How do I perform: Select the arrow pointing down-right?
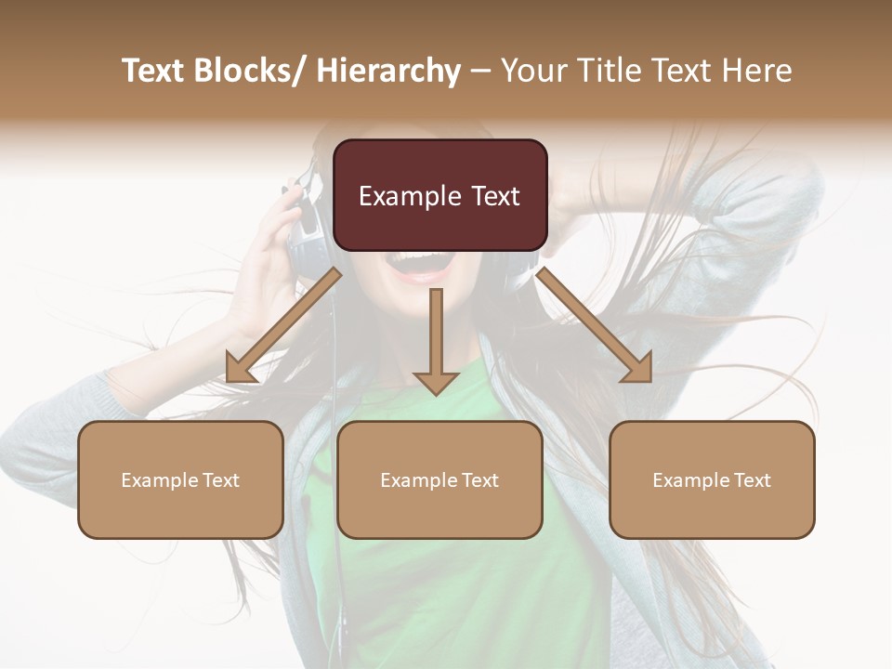pos(595,325)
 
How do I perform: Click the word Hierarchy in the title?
pos(388,71)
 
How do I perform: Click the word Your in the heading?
pos(534,71)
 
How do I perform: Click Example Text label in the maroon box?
pos(439,196)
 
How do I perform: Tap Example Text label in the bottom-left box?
pos(180,480)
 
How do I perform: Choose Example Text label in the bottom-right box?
pos(712,480)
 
